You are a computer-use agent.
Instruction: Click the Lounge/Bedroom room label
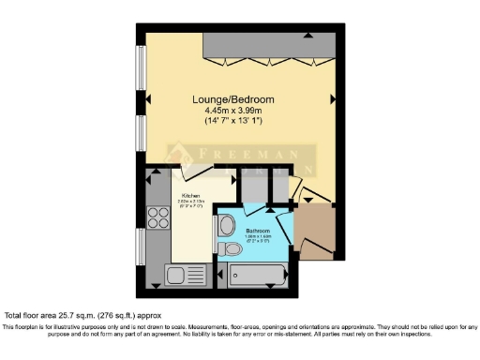coord(233,99)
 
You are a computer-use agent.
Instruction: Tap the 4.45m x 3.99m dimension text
coord(233,111)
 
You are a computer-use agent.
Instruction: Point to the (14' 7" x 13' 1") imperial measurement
coord(233,121)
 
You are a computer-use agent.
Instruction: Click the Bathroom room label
coord(259,230)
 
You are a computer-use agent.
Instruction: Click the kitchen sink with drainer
coord(183,275)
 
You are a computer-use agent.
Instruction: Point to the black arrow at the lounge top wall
coord(310,35)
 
